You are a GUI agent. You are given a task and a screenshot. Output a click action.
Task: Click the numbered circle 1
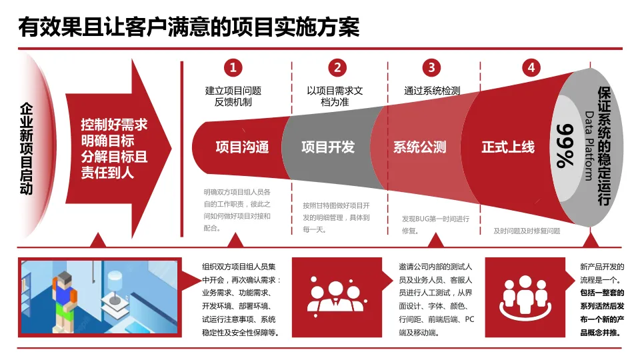pyautogui.click(x=233, y=67)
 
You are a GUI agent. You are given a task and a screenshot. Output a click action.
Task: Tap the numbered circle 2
pyautogui.click(x=337, y=67)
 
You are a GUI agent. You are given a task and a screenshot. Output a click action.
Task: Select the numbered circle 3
pyautogui.click(x=431, y=67)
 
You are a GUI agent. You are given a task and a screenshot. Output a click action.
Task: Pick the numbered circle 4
pyautogui.click(x=531, y=67)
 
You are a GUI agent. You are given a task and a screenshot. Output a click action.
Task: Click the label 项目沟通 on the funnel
pyautogui.click(x=242, y=147)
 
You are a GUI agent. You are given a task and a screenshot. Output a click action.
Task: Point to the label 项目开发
pyautogui.click(x=328, y=147)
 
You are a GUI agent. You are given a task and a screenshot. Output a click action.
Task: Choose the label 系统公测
pyautogui.click(x=419, y=147)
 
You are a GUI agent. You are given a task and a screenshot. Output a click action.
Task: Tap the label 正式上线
pyautogui.click(x=508, y=147)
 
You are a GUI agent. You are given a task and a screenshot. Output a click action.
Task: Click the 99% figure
pyautogui.click(x=565, y=146)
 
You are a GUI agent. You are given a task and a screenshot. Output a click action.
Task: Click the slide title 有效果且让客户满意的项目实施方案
pyautogui.click(x=189, y=27)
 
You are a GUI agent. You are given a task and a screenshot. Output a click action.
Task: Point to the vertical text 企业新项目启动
pyautogui.click(x=26, y=148)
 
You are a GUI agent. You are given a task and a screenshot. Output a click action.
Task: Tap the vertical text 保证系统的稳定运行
pyautogui.click(x=604, y=145)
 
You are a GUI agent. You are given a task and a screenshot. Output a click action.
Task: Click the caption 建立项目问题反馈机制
pyautogui.click(x=233, y=97)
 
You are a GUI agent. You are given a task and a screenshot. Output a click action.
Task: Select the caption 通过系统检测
pyautogui.click(x=432, y=91)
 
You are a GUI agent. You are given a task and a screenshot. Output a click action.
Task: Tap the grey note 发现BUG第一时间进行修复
pyautogui.click(x=435, y=225)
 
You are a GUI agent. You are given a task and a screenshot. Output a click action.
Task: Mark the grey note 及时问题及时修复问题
pyautogui.click(x=527, y=231)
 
